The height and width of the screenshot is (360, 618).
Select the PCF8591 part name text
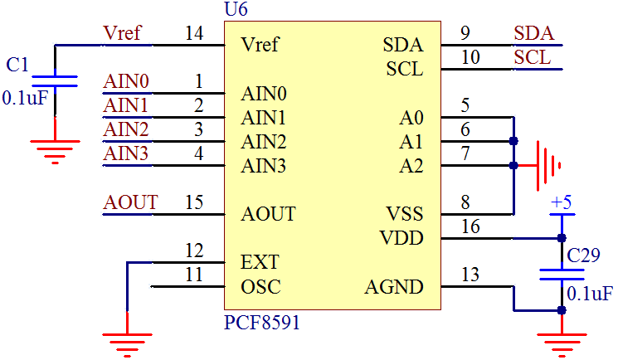click(262, 322)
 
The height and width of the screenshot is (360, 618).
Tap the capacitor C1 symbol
click(55, 80)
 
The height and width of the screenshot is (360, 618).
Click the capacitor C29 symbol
click(562, 274)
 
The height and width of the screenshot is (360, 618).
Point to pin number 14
click(194, 34)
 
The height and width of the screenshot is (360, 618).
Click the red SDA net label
click(534, 34)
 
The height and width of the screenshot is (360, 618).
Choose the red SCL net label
click(532, 57)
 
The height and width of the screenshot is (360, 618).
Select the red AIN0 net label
click(126, 82)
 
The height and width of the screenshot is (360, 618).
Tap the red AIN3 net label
click(126, 154)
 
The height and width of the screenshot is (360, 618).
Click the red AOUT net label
click(130, 202)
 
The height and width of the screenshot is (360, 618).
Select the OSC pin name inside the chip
click(260, 287)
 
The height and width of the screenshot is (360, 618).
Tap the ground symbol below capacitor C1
click(55, 148)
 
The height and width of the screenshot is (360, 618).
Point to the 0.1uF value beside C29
click(590, 294)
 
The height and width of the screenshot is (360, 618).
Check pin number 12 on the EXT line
click(194, 251)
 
